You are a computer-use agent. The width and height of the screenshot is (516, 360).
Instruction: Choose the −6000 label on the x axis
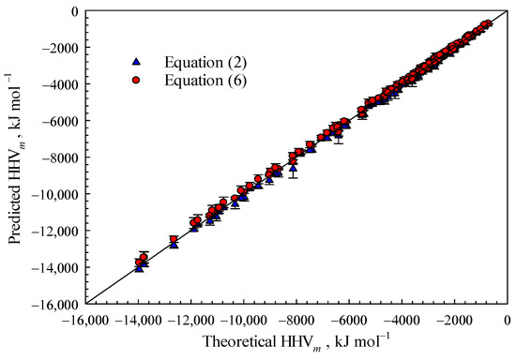pos(350,319)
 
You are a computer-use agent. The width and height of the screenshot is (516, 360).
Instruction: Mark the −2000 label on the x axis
pos(455,319)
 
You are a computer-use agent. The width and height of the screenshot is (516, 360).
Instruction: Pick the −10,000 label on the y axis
pos(57,194)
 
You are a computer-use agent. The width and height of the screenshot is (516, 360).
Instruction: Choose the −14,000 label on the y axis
pos(57,267)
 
